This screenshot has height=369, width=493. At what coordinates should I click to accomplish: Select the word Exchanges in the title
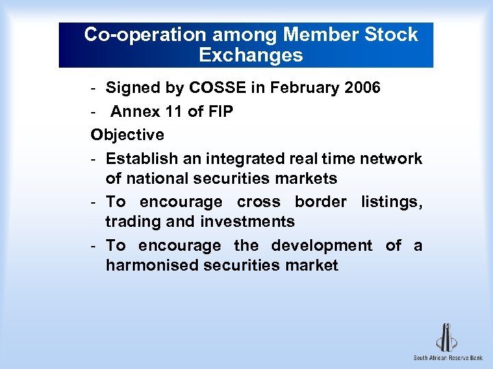251,55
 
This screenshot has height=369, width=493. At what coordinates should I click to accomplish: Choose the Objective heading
127,135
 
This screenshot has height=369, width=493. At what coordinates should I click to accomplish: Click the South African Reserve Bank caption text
448,358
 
